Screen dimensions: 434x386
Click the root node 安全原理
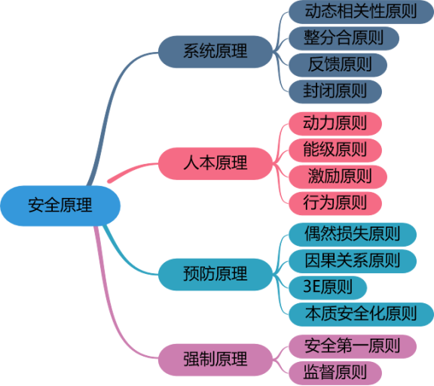[x=60, y=205]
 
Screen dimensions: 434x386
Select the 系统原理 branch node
[x=215, y=52]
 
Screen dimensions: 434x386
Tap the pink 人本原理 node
[x=215, y=163]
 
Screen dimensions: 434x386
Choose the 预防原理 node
[x=215, y=275]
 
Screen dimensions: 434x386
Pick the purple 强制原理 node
[x=215, y=360]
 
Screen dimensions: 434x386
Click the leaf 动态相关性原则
[x=361, y=12]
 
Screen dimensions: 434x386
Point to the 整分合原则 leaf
[x=344, y=38]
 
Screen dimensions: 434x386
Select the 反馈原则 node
[x=338, y=65]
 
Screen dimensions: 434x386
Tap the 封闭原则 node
[x=335, y=92]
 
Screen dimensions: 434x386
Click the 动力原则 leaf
[x=335, y=123]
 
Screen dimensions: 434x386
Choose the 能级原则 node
[x=335, y=150]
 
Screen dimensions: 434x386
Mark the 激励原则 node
[x=338, y=177]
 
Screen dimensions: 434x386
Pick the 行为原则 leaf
[x=335, y=203]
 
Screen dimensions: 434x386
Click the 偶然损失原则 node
[x=353, y=235]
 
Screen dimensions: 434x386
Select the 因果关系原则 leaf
[x=353, y=261]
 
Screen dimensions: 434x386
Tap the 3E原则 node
[x=328, y=287]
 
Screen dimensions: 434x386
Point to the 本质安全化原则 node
[x=361, y=315]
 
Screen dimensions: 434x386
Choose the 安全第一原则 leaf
[x=353, y=346]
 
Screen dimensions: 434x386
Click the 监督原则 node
[x=335, y=373]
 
